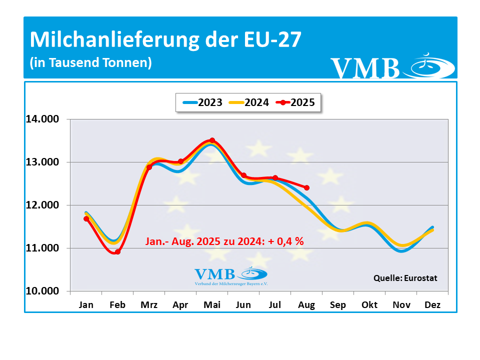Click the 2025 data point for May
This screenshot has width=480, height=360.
pos(212,140)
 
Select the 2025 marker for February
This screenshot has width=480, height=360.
pos(117,252)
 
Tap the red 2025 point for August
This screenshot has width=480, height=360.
pos(306,188)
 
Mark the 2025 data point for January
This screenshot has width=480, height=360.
pos(86,218)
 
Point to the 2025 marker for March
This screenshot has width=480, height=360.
pos(149,167)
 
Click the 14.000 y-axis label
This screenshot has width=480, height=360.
pos(42,119)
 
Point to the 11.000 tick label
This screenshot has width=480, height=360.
pos(42,248)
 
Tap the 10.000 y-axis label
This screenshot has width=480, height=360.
pos(42,291)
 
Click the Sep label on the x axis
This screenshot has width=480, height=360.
pos(337,305)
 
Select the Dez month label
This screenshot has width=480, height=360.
pos(432,305)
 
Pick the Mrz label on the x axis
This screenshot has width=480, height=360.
pos(148,305)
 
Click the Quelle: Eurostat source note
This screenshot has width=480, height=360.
pos(405,278)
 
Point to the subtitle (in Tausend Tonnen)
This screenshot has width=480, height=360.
pos(90,63)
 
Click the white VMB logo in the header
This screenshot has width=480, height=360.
pos(392,68)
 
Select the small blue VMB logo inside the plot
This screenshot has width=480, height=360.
pos(230,275)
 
